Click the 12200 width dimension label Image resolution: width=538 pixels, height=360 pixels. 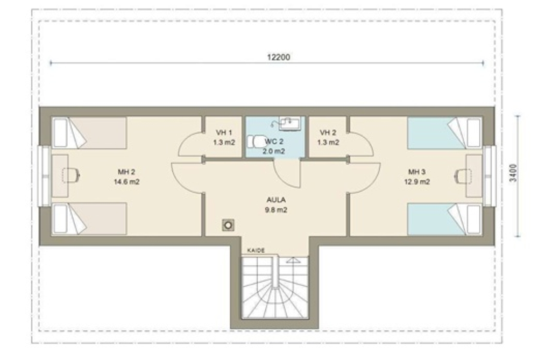tap(278, 57)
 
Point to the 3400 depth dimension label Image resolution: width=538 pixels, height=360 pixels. tap(513, 173)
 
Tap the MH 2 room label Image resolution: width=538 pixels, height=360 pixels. tap(126, 172)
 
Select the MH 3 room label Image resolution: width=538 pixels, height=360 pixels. tap(416, 172)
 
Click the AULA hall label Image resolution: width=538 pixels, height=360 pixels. tap(276, 200)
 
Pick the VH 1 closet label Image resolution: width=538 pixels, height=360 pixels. tap(224, 132)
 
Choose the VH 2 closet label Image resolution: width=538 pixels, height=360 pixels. tap(328, 132)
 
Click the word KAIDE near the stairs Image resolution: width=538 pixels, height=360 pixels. tap(256, 251)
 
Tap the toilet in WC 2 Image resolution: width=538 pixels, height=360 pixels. tap(254, 142)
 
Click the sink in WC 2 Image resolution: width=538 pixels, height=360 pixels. tap(290, 123)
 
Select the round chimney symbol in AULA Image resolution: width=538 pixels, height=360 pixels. tap(228, 225)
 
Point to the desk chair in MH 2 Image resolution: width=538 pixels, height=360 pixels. tap(71, 175)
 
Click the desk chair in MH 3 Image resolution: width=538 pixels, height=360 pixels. tap(463, 176)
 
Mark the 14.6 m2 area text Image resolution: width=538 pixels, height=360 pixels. tap(126, 182)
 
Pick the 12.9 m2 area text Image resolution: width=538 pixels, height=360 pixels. tap(417, 182)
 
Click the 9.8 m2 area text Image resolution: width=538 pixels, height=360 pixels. tap(276, 210)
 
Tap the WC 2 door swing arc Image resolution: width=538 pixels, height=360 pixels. tap(281, 179)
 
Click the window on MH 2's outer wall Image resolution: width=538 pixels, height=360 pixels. tap(45, 176)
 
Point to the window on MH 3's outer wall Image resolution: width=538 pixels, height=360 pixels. tap(490, 176)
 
